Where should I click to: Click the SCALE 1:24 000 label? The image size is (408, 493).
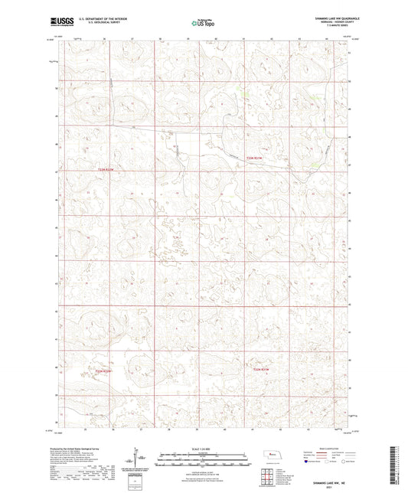click(x=204, y=449)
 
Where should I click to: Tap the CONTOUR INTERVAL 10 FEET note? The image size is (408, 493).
click(x=204, y=468)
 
